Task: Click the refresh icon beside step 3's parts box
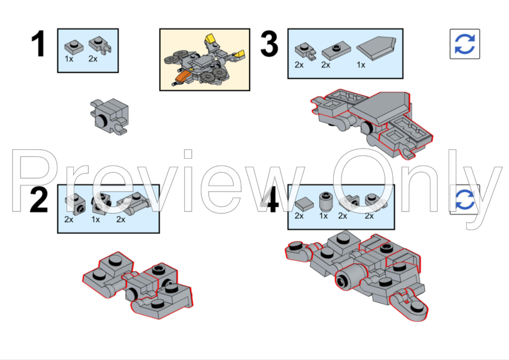[x=464, y=43]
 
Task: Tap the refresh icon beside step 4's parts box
[x=464, y=200]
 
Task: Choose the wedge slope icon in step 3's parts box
[x=375, y=47]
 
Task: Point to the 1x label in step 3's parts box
[x=361, y=65]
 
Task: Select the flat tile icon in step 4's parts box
[x=300, y=201]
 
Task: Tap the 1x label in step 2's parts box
[x=96, y=219]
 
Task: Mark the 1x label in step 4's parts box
[x=323, y=216]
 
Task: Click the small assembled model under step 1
[x=109, y=115]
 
